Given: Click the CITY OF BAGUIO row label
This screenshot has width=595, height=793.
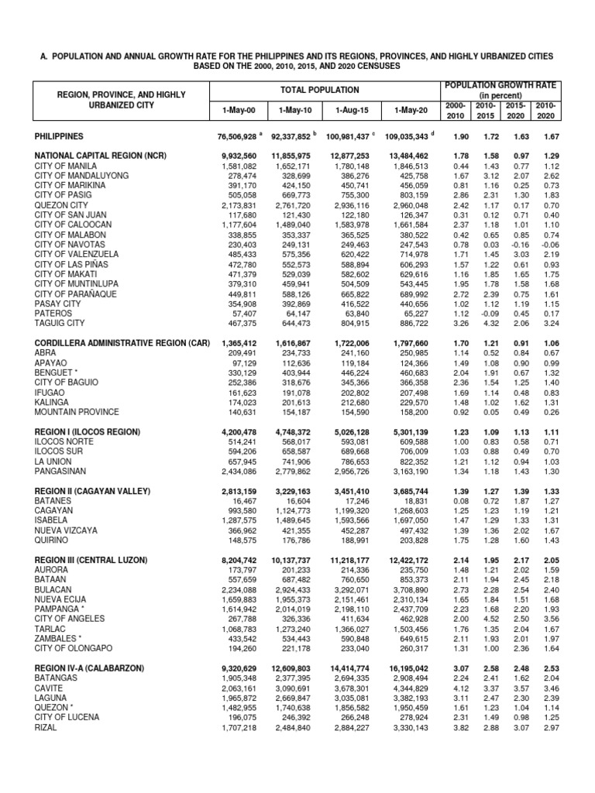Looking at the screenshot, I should [x=67, y=382].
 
